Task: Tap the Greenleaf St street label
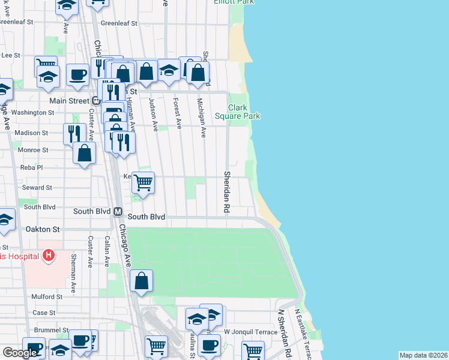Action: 119,23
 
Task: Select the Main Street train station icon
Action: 96,101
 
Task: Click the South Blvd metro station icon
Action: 118,212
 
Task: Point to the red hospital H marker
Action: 49,256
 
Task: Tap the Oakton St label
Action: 43,229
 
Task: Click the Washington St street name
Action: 32,112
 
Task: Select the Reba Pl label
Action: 31,168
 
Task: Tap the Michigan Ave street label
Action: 202,118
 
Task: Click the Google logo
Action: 20,353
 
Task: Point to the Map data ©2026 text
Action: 423,355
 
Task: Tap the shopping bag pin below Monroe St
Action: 85,154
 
